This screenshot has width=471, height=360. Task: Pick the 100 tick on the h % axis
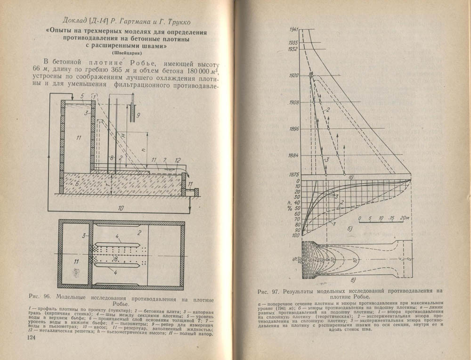[295, 235]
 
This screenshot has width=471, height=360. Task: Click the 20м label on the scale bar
[403, 219]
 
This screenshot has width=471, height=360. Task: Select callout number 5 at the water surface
[81, 97]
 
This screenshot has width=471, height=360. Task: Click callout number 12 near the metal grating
[177, 160]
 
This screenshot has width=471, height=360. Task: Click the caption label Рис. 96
[44, 298]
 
